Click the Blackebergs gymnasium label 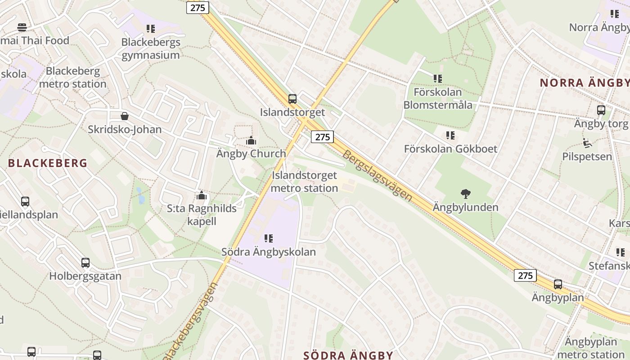pos(151,49)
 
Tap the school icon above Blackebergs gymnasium pos(151,29)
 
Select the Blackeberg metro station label pos(73,77)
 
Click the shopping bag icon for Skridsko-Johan pos(125,116)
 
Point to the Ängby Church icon pos(251,140)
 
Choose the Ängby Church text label pos(251,153)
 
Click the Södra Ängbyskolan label pos(269,252)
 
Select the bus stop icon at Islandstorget pos(292,99)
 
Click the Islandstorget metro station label pos(305,182)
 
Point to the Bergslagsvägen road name pos(377,175)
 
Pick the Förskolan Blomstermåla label pos(438,99)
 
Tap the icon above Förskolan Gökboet pos(450,135)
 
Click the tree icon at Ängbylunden pos(466,194)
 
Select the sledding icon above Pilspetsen pos(587,143)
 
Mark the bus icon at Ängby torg pos(601,110)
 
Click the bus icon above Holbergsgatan pos(85,262)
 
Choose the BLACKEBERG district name pos(48,163)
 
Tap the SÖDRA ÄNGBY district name pos(348,355)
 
